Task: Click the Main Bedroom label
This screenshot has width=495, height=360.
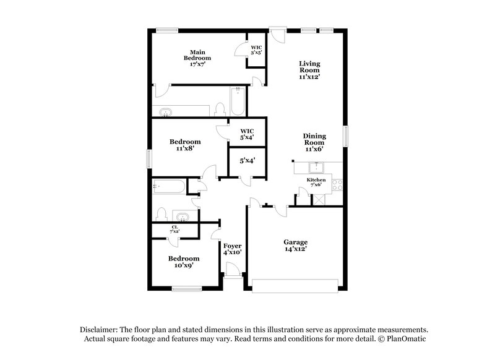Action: [197, 58]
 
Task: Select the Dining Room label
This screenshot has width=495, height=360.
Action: [314, 142]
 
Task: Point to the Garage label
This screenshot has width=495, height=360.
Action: [295, 245]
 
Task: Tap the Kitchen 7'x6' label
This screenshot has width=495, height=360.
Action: [316, 182]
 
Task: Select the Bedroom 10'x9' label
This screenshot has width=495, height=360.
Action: [184, 262]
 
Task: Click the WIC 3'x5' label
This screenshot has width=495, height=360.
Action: [256, 50]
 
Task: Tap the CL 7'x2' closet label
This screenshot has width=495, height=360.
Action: [175, 229]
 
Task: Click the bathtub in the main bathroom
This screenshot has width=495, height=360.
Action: [238, 101]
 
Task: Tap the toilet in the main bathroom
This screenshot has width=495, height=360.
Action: [220, 110]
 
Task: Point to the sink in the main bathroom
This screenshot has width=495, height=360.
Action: [166, 113]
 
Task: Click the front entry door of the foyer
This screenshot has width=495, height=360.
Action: [233, 270]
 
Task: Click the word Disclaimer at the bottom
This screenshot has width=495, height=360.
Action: [101, 330]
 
